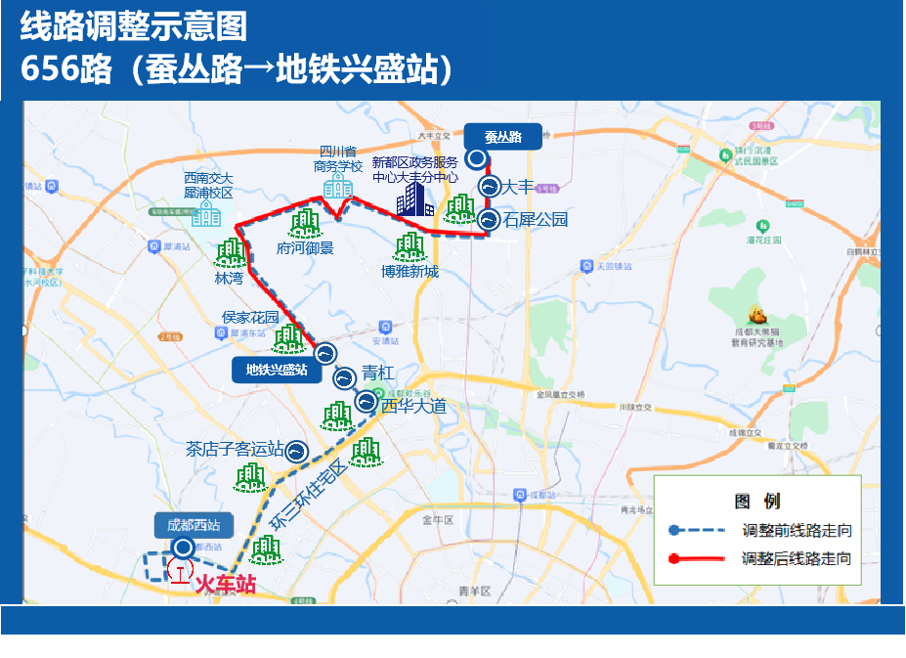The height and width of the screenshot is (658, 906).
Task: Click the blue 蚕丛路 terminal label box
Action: pyautogui.click(x=502, y=137)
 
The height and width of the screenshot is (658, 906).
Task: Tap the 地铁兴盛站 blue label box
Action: pyautogui.click(x=277, y=370)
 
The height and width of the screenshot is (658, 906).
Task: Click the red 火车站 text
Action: pyautogui.click(x=226, y=585)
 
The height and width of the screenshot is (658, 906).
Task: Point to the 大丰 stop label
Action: pyautogui.click(x=518, y=187)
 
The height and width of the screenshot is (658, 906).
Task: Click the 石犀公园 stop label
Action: pyautogui.click(x=536, y=220)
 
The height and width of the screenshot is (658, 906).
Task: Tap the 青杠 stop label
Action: pyautogui.click(x=378, y=373)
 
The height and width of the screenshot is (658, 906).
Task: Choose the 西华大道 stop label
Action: pyautogui.click(x=413, y=405)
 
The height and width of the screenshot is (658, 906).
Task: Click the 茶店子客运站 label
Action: pyautogui.click(x=235, y=450)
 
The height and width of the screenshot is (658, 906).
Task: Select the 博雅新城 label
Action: pyautogui.click(x=410, y=271)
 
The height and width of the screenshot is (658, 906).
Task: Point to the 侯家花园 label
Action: pyautogui.click(x=251, y=317)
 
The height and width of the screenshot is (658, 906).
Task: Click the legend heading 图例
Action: pyautogui.click(x=757, y=502)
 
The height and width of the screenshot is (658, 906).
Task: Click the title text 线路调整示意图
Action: pyautogui.click(x=134, y=26)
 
